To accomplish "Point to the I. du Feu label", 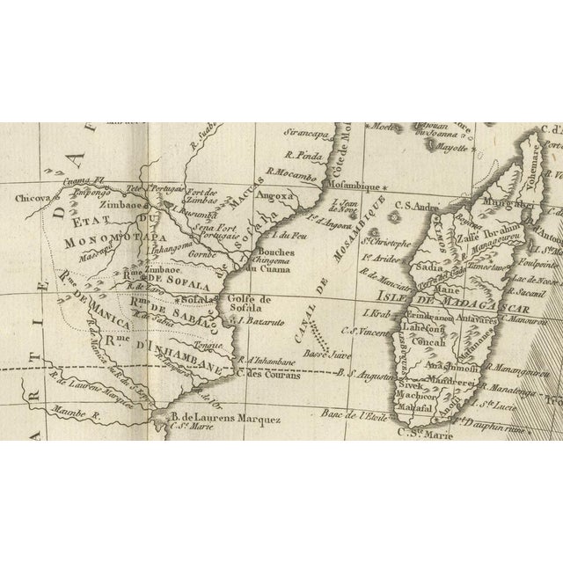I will pos(286,235).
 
